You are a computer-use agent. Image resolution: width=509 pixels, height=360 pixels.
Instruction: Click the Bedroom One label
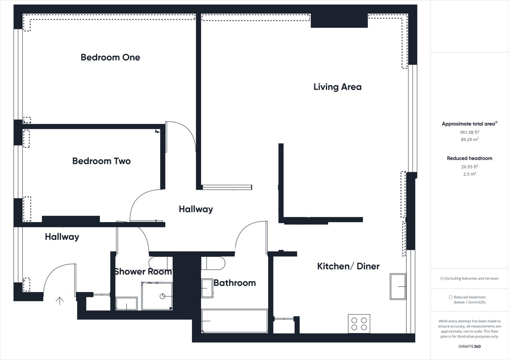(110, 57)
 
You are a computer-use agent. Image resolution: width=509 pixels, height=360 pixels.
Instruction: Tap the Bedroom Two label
(101, 161)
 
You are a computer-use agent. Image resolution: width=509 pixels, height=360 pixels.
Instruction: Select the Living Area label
(337, 87)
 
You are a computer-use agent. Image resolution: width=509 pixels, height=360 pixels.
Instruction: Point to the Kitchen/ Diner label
(348, 266)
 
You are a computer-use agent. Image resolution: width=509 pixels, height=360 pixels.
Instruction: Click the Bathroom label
(235, 283)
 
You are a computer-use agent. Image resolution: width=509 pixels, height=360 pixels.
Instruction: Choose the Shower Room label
(143, 272)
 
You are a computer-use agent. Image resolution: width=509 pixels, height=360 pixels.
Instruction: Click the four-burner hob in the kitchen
(359, 324)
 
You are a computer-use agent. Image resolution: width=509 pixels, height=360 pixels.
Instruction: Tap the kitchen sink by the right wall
(398, 286)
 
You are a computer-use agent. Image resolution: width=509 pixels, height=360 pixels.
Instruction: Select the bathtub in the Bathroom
(235, 321)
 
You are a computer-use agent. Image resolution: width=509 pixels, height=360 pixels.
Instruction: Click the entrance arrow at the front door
(60, 301)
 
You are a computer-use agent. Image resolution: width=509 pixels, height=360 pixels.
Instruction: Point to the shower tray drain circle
(163, 296)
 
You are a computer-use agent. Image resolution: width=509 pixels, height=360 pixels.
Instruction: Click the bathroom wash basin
(207, 288)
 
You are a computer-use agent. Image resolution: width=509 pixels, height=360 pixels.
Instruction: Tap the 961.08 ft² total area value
(469, 132)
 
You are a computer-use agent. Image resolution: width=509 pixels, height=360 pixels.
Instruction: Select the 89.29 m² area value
(469, 140)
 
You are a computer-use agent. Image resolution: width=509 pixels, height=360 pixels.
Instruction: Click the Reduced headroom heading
(469, 158)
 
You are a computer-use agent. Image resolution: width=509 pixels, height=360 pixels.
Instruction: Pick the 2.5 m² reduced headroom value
(469, 174)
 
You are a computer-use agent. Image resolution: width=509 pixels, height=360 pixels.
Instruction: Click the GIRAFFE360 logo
(469, 346)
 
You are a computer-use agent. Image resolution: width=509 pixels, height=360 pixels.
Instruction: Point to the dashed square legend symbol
(450, 297)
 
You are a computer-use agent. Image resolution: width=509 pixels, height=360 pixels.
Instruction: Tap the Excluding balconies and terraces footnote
(469, 278)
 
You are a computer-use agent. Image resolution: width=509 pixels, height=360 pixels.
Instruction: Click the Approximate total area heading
(468, 124)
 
